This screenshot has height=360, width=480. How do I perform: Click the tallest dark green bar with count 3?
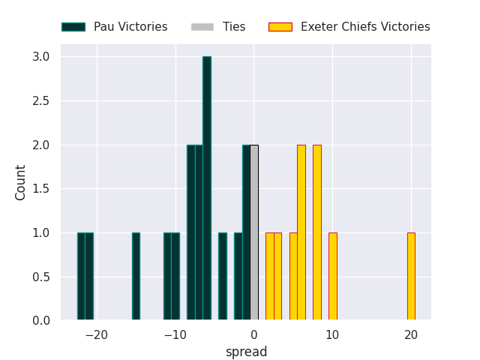click(206, 188)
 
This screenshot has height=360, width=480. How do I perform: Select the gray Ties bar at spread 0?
click(254, 232)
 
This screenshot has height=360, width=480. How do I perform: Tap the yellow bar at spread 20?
click(411, 277)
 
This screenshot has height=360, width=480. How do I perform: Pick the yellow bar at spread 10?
click(332, 277)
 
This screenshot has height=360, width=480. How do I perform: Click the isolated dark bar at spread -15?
click(136, 277)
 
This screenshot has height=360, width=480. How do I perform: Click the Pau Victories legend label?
click(130, 27)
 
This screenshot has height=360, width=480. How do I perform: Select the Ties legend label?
click(234, 27)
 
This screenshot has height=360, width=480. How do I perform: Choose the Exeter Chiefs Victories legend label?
click(365, 27)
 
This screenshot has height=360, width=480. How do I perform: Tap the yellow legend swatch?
click(280, 27)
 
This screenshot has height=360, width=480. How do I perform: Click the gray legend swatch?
click(202, 27)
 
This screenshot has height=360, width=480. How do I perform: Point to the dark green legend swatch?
click(73, 27)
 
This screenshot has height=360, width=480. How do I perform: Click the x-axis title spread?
click(246, 352)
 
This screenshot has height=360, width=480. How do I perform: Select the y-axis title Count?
click(21, 182)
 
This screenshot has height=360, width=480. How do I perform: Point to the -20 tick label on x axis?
click(96, 334)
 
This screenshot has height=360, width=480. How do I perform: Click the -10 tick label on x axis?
click(175, 334)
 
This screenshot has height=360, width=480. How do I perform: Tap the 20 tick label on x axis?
click(411, 334)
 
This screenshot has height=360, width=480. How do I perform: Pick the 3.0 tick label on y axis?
click(41, 57)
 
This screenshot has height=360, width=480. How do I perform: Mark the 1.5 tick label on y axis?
click(41, 189)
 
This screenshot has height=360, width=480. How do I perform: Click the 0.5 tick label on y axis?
click(41, 277)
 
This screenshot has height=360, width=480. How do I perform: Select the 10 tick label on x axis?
click(332, 334)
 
